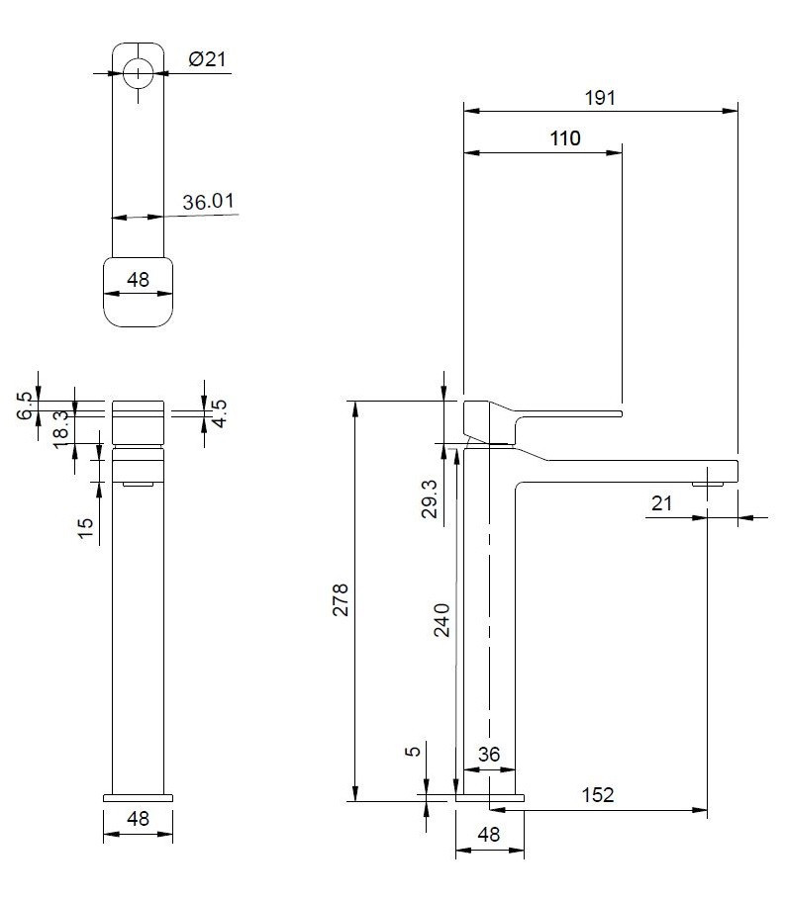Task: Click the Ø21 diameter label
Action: tap(207, 58)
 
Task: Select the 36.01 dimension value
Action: tap(208, 202)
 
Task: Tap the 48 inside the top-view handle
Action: tap(138, 280)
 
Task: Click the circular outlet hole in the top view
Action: tap(138, 71)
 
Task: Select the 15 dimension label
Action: tap(85, 528)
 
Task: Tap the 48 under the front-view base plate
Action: tap(138, 819)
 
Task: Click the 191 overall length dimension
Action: tap(600, 97)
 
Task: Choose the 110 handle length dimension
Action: tap(564, 138)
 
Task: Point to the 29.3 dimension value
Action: tap(428, 500)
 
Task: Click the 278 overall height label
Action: tap(340, 600)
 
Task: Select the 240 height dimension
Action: tap(442, 620)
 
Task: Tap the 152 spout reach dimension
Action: tap(597, 795)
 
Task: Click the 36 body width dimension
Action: tap(489, 755)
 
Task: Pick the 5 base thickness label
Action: tap(414, 751)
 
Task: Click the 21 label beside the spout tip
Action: tap(661, 503)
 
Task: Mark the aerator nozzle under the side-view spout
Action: tap(709, 483)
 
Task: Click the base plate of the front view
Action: tap(138, 796)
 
